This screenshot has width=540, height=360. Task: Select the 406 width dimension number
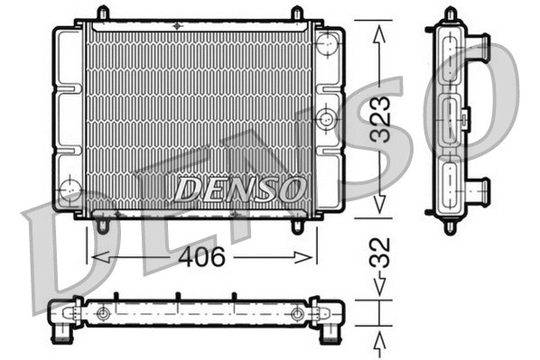[x=201, y=257]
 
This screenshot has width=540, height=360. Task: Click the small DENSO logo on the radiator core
[x=238, y=189]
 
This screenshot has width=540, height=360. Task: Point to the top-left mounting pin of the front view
[x=102, y=14]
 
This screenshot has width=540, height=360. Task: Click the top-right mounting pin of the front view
[x=297, y=14]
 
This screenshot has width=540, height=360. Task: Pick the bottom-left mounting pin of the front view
[x=102, y=226]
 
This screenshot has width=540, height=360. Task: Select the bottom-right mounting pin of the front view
[x=297, y=226]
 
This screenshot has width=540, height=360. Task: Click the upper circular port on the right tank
[x=329, y=42]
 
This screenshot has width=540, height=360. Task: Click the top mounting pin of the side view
[x=451, y=13]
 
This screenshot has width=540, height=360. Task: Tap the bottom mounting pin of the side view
[x=451, y=226]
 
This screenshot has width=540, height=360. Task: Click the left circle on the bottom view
[x=103, y=314]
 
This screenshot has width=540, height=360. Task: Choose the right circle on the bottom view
[x=297, y=314]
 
